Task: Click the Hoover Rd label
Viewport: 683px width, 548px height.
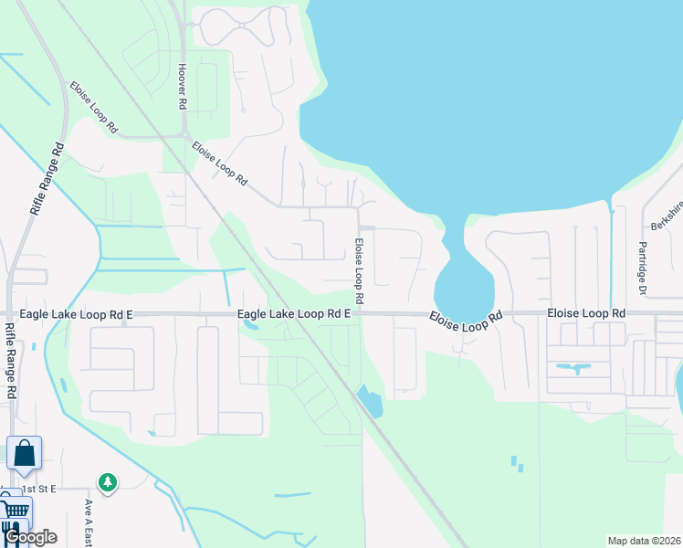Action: (182, 88)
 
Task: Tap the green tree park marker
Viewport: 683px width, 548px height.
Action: (108, 481)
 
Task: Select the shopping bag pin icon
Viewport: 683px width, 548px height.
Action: (24, 453)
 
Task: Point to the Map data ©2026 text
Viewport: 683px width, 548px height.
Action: (643, 541)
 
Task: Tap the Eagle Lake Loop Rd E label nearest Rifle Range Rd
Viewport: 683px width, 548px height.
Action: (77, 314)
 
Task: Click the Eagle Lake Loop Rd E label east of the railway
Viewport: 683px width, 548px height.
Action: (295, 314)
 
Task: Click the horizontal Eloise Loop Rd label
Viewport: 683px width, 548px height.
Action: (586, 313)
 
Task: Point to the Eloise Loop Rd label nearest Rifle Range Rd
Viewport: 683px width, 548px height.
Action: (94, 108)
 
